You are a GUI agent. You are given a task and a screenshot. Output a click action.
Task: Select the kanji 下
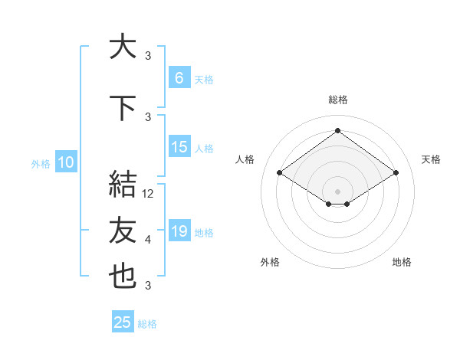pos(123,107)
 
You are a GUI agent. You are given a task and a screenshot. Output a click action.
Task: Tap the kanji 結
pos(123,185)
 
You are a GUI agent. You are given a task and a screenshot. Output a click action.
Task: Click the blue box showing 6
pos(179,77)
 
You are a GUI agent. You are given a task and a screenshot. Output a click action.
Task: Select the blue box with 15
pos(179,147)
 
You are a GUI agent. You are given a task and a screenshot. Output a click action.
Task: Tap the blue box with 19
pos(179,231)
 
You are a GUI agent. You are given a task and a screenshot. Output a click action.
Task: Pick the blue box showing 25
pos(123,322)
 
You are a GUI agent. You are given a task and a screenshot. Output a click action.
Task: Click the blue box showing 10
pos(65,162)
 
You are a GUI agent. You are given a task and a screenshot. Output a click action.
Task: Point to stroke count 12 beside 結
pos(149,194)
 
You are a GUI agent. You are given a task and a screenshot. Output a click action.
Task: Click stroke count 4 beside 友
pos(148,240)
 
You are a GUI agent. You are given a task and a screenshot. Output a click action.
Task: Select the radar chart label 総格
pos(338,100)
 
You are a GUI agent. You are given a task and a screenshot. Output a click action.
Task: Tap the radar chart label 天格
pos(431,159)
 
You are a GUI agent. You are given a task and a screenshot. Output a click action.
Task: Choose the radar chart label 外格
pos(270,263)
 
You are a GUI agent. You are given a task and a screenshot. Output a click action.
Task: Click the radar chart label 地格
pos(402,263)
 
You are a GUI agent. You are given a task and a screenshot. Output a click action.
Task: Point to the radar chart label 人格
pos(245,159)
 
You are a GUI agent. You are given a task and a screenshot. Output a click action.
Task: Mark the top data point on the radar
pos(337,131)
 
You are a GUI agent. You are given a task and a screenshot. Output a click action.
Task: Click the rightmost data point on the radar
pos(396,173)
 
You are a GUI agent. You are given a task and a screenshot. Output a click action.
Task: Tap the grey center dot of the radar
pos(337,191)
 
